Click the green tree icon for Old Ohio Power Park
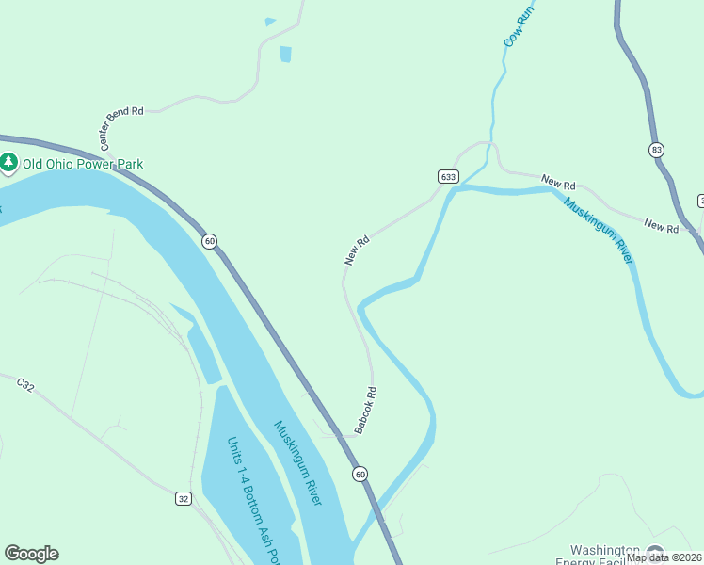[x=9, y=163]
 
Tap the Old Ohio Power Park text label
[x=83, y=164]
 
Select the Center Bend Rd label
[x=121, y=129]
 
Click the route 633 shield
[x=448, y=176]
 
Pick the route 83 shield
[x=656, y=150]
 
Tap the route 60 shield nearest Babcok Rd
[x=360, y=474]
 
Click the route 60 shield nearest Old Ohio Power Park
[x=209, y=242]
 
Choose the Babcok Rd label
[x=365, y=412]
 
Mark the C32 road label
[x=25, y=384]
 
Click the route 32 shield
[x=184, y=497]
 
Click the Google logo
[x=31, y=554]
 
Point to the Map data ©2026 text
[x=664, y=557]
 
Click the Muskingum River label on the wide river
[x=297, y=462]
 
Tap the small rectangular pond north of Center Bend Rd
[x=285, y=54]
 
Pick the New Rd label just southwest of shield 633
[x=357, y=250]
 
